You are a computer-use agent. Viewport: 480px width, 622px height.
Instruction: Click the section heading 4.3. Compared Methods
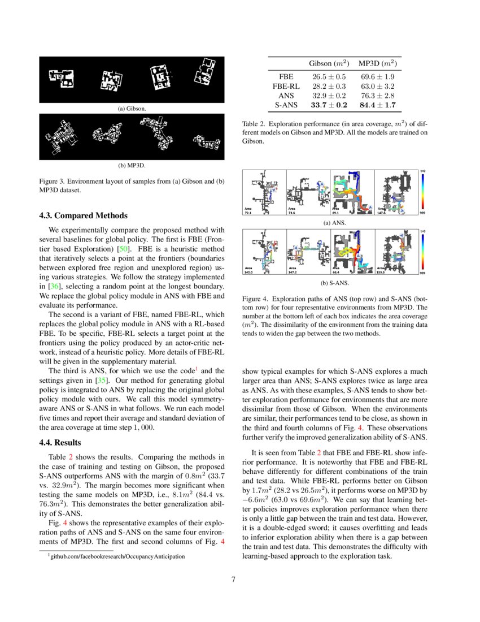coord(83,215)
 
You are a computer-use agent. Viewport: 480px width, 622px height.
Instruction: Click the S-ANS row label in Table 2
coord(286,105)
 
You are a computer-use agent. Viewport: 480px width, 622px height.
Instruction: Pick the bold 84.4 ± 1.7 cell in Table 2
coord(377,105)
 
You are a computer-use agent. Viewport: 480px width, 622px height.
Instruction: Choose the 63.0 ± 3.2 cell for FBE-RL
coord(377,86)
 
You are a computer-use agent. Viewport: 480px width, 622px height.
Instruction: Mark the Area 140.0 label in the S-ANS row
coord(249,270)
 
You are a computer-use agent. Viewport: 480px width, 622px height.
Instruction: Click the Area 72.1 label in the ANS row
coord(249,211)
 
